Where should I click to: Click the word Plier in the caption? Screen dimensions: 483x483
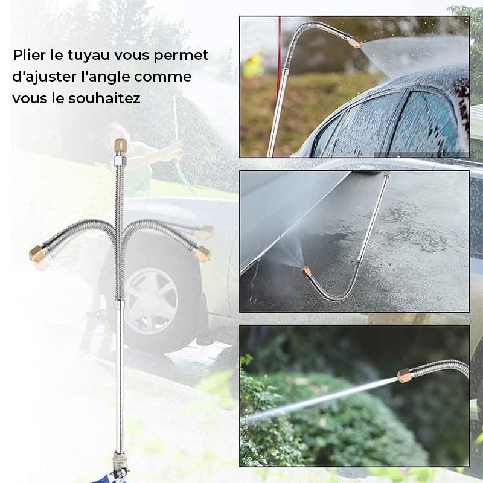(29, 56)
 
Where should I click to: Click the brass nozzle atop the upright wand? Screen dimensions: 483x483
(120, 146)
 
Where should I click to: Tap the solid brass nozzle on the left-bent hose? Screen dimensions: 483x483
(36, 252)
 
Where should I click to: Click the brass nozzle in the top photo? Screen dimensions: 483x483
(356, 42)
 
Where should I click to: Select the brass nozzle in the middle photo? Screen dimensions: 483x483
(307, 272)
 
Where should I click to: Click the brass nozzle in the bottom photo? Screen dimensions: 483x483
(403, 375)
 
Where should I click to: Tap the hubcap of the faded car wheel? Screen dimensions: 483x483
(151, 301)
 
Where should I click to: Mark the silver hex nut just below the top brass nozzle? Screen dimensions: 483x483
(120, 160)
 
